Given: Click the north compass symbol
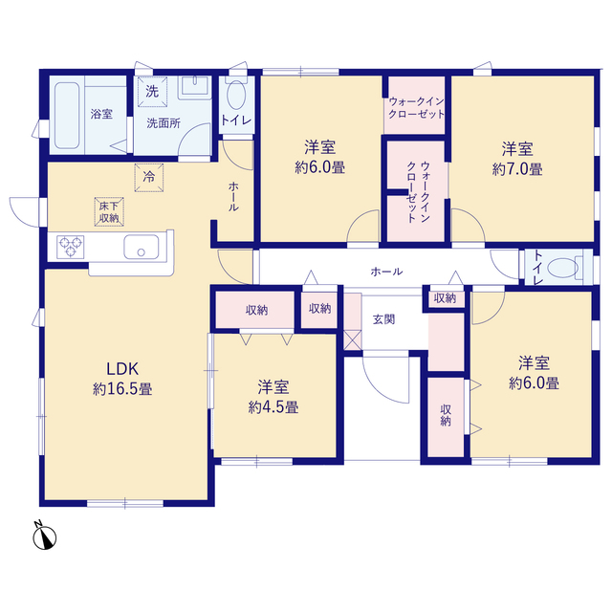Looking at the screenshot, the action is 44,536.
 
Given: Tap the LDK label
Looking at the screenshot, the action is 122,369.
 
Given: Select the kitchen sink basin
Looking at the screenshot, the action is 142,247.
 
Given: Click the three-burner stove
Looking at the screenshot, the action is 70,247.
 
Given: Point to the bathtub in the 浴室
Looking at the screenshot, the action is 67,116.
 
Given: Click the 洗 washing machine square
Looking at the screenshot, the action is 152,92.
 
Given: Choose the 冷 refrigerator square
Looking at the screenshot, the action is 149,178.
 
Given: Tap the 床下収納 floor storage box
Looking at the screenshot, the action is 109,211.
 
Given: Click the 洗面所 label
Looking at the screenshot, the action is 164,123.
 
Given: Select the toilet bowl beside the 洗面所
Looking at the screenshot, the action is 236,95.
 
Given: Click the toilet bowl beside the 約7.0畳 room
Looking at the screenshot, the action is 562,268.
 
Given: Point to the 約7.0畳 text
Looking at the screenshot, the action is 517,169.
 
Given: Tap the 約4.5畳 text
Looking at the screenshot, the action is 273,407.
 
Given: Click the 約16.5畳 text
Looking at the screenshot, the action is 122,389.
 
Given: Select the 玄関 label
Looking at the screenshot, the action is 384,319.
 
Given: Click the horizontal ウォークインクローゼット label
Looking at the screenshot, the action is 417,108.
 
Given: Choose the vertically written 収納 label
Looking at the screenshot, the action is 446,415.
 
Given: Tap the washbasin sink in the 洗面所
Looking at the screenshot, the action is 195,87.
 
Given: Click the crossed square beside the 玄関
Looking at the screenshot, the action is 353,340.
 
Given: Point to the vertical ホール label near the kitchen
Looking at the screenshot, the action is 233,196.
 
